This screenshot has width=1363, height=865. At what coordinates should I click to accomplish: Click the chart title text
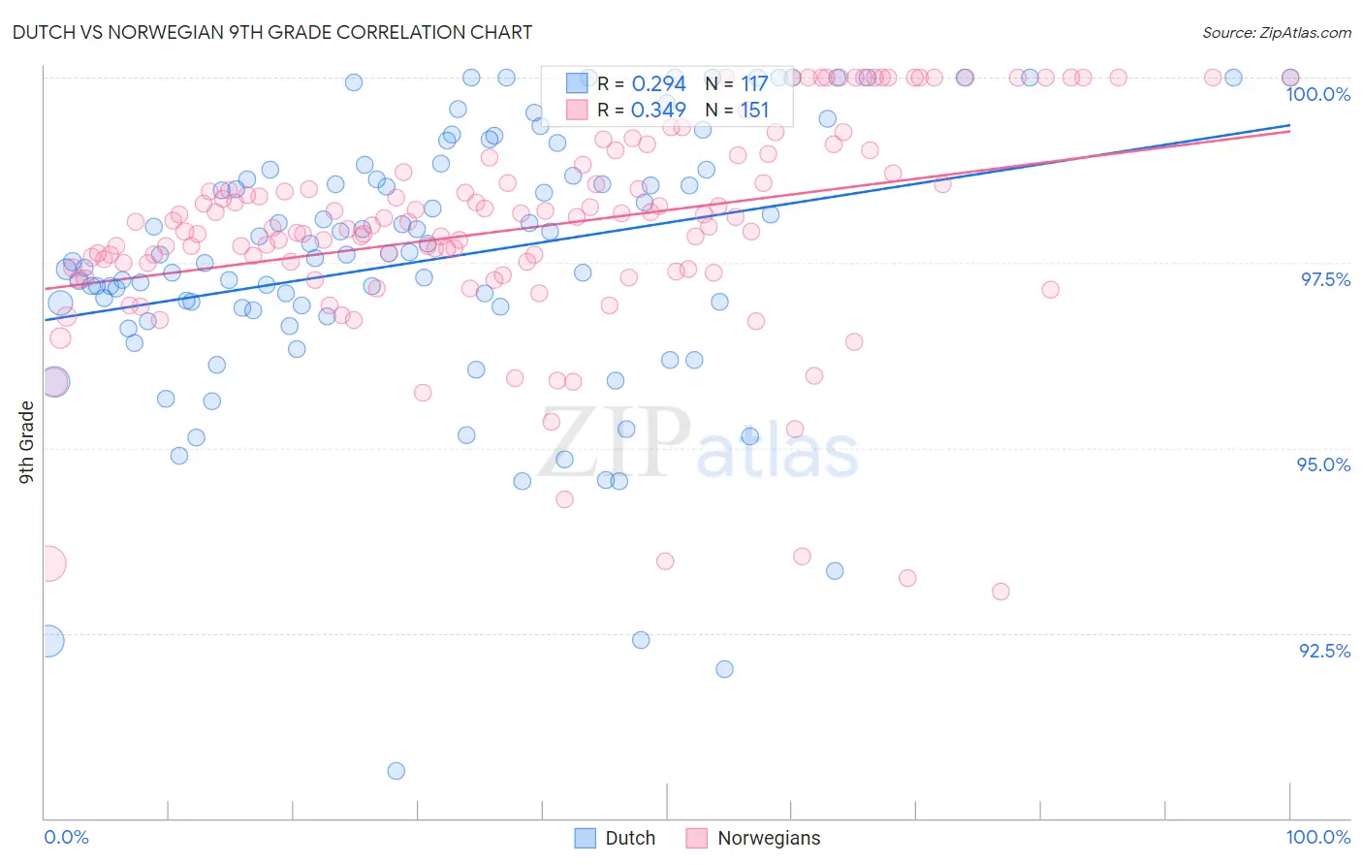tap(271, 32)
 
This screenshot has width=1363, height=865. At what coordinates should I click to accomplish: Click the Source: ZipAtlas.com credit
tap(1276, 33)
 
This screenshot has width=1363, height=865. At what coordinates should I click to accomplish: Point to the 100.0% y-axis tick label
tap(1317, 94)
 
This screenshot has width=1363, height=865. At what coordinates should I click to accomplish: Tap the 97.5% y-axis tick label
tap(1325, 279)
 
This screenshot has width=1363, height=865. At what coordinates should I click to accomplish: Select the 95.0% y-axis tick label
tap(1323, 465)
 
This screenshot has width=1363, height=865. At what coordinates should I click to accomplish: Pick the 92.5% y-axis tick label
tap(1324, 651)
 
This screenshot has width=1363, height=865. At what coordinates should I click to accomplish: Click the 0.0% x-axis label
tap(66, 837)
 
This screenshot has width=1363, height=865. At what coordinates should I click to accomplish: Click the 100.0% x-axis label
tap(1317, 837)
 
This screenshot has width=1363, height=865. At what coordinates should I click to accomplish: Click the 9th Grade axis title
tap(27, 441)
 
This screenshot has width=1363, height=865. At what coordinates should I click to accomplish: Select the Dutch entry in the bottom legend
tap(630, 838)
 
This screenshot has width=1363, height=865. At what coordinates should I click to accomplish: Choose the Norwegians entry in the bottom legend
tap(768, 838)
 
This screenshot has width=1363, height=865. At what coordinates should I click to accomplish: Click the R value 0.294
tap(658, 84)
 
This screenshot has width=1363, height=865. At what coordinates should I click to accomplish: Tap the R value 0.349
tap(658, 111)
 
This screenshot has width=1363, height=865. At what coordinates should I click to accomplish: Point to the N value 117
tap(754, 84)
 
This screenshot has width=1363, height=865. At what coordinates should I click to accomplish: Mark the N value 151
tap(754, 111)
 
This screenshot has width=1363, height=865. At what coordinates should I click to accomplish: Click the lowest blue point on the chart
tap(396, 771)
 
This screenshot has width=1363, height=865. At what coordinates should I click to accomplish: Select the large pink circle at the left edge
tap(48, 563)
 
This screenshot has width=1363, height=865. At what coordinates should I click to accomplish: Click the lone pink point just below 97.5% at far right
tap(1050, 289)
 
